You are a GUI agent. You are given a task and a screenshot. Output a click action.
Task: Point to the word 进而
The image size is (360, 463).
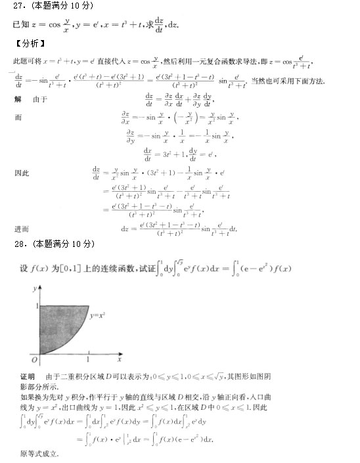pyautogui.click(x=21, y=229)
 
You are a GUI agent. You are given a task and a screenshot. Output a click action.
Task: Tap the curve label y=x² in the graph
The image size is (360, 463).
pyautogui.click(x=100, y=316)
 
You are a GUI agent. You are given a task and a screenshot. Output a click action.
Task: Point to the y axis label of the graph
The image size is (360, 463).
pyautogui.click(x=32, y=289)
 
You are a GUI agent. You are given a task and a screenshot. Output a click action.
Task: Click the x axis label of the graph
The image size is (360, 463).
pyautogui.click(x=119, y=361)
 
